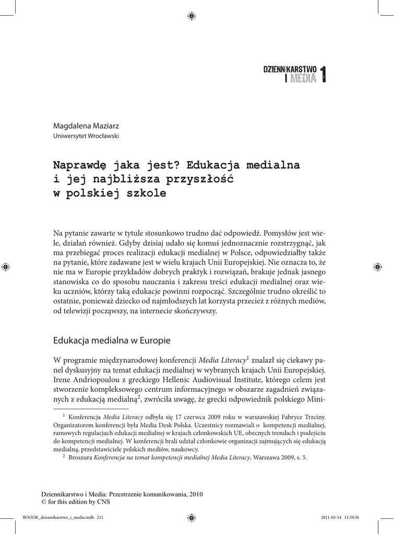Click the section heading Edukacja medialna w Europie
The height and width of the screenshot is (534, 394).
pos(112,341)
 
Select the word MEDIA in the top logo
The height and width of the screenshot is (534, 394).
pos(303,79)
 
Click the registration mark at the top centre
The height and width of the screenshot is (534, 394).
pos(191,16)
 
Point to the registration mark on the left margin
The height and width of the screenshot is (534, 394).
pos(6,266)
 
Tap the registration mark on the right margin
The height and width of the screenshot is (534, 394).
pos(377,266)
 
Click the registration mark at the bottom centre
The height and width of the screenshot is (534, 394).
pos(191,517)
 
